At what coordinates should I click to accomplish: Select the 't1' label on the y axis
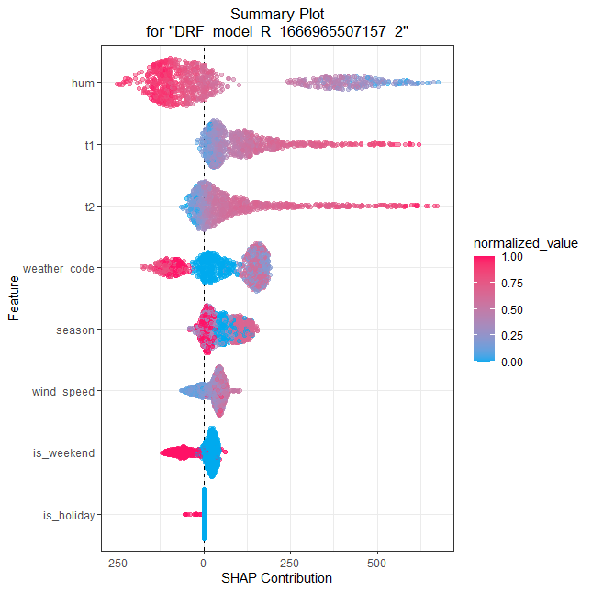click(87, 144)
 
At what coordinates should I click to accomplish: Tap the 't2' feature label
click(87, 207)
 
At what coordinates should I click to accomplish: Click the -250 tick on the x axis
click(116, 562)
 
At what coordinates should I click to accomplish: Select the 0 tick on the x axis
click(204, 562)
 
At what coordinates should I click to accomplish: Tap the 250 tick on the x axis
click(290, 562)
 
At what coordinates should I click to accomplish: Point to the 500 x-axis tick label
click(377, 562)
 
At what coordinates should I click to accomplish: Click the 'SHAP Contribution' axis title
click(276, 578)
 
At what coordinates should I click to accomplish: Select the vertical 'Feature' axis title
click(15, 298)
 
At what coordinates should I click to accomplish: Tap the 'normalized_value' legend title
click(525, 243)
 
